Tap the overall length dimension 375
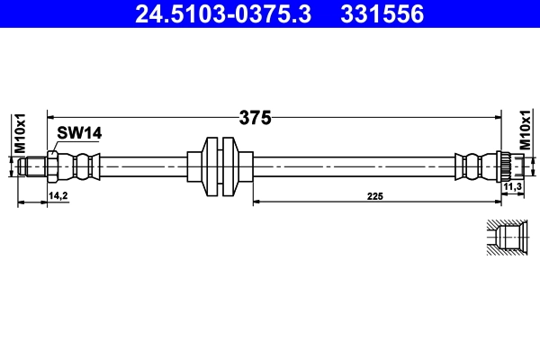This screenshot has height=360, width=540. [x=256, y=117]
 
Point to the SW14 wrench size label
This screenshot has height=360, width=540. [x=79, y=132]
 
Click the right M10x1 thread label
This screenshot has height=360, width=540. [x=526, y=130]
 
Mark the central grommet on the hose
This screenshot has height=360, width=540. [x=219, y=165]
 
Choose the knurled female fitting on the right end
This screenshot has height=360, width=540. [x=508, y=166]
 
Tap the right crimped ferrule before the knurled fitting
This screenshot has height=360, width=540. [x=473, y=166]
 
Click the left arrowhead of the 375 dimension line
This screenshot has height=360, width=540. [x=52, y=116]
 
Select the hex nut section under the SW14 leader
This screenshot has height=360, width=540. [x=53, y=166]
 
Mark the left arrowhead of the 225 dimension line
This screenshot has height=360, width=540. [x=256, y=202]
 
